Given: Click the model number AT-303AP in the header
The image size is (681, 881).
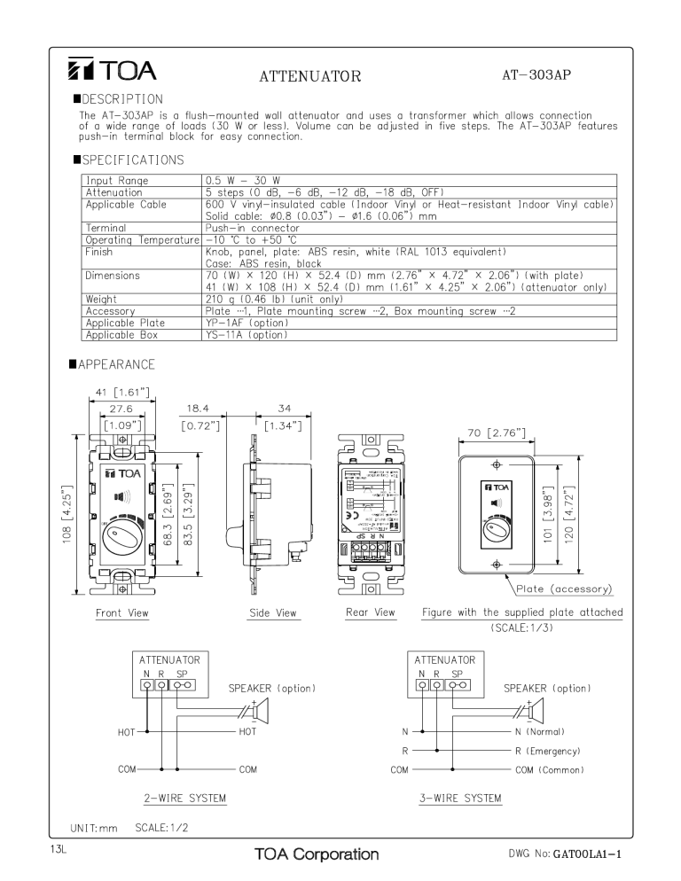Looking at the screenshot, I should pos(536,74).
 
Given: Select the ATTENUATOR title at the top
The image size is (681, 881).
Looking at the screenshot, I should pos(309,76).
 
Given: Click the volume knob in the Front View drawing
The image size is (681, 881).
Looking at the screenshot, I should pos(121,533).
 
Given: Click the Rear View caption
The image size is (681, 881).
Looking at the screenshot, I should pos(371,612).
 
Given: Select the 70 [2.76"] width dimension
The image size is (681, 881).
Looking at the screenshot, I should pos(496,433).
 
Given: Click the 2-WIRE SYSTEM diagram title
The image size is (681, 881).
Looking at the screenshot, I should pos(184,799).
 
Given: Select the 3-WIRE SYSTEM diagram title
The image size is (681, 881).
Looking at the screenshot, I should pos(460,799).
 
